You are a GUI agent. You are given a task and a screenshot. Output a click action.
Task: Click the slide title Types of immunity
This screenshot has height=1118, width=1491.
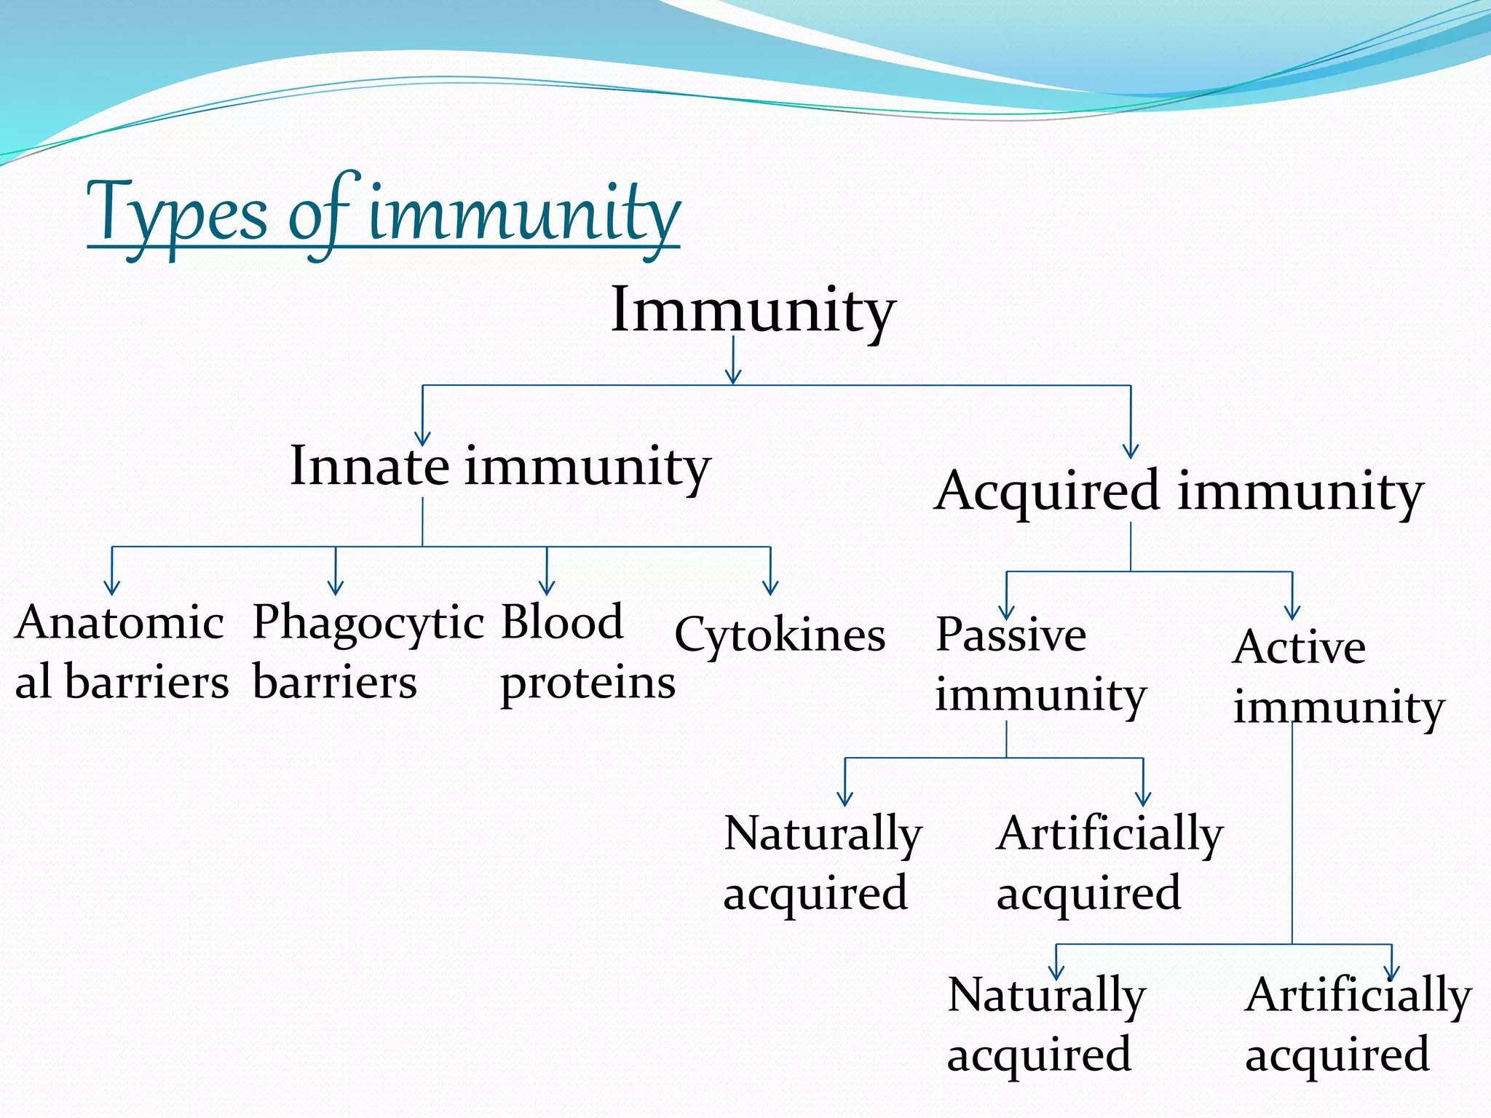(383, 215)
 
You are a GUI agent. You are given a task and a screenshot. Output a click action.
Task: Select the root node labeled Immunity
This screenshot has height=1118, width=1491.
(753, 311)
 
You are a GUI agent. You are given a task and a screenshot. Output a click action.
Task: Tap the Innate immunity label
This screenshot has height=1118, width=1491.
(500, 467)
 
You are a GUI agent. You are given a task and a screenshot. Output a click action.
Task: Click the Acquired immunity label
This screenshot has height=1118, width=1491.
(1178, 491)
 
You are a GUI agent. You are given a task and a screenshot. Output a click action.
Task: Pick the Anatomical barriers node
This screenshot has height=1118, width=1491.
(122, 652)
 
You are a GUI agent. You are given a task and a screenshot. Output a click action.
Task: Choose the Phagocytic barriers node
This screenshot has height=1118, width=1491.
(367, 652)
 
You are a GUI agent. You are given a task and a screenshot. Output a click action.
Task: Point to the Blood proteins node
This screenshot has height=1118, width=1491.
(587, 652)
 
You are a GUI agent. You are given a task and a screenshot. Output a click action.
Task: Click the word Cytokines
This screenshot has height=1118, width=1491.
(780, 635)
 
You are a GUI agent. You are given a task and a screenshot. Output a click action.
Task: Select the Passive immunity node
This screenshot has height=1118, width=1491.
(1040, 664)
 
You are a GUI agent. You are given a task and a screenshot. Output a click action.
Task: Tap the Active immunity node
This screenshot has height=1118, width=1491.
(1337, 677)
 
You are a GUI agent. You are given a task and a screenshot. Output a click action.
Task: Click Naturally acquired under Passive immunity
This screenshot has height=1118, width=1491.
(822, 863)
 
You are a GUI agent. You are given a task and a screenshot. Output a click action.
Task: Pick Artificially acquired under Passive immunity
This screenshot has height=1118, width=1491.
(1109, 863)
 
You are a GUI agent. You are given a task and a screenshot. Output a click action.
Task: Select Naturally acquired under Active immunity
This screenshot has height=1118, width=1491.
(1045, 1025)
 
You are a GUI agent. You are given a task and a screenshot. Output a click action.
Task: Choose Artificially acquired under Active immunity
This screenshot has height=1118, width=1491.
(1357, 1025)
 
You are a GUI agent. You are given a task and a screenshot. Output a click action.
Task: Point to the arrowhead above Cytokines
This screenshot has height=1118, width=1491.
(770, 588)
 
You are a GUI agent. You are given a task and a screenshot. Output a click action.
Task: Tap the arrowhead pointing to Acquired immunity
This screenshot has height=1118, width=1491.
(1131, 451)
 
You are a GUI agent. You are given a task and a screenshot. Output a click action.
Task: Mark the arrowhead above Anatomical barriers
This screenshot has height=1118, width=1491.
(112, 588)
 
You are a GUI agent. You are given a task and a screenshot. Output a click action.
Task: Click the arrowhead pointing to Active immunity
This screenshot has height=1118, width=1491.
(1292, 613)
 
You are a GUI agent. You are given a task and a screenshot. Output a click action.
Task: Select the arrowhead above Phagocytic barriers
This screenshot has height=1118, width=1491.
(336, 588)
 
